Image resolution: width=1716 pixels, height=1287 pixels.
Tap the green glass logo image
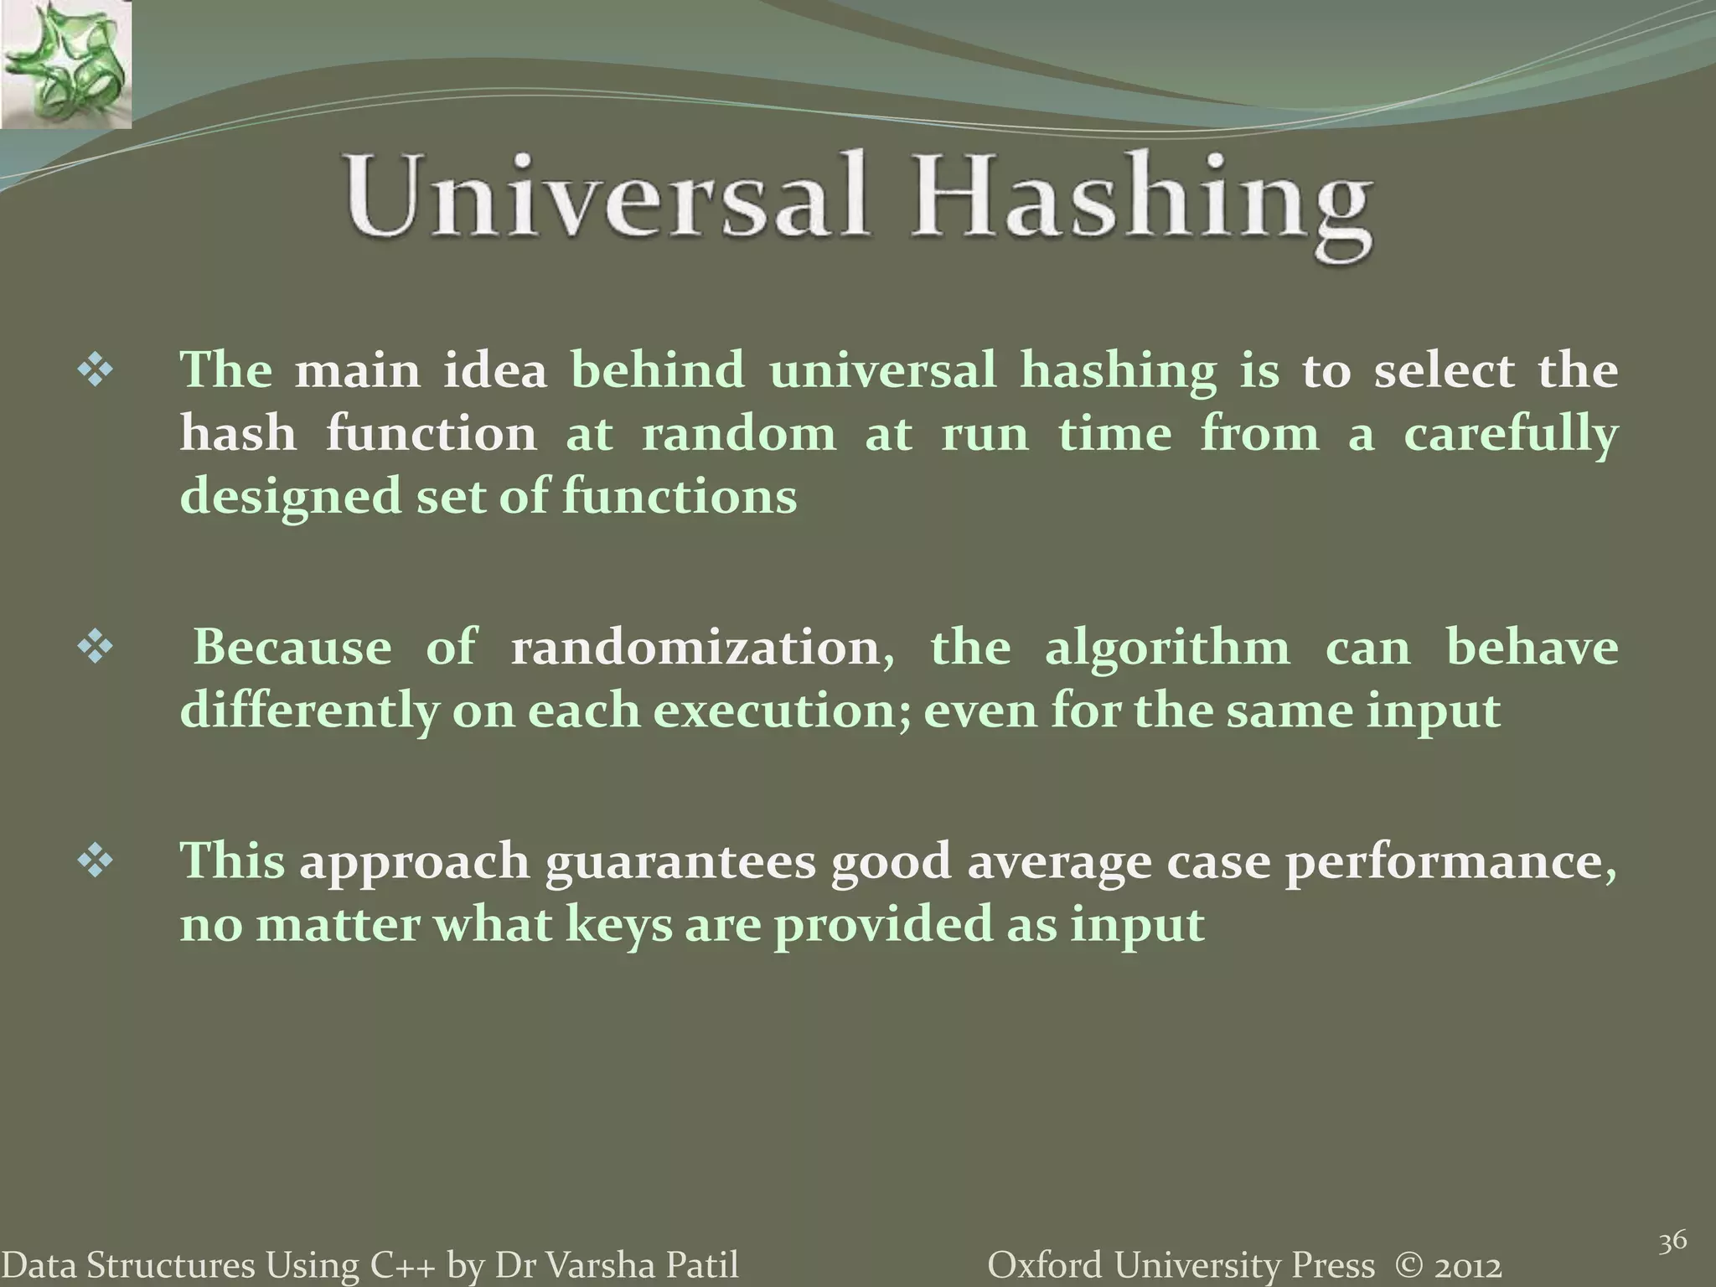click(65, 65)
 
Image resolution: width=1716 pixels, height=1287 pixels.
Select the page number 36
click(1672, 1241)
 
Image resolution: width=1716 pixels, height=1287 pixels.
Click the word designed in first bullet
click(291, 498)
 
